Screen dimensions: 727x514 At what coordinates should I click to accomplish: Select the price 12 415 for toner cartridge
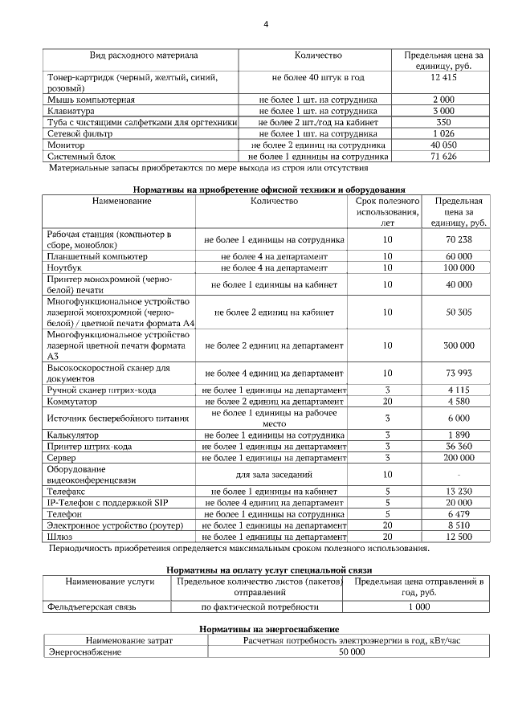[x=443, y=78]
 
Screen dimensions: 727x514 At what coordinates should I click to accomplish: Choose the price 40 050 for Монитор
[x=443, y=145]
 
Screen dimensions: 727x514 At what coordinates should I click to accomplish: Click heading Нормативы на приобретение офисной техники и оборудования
[x=266, y=189]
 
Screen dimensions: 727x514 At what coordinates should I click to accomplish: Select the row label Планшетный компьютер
[x=97, y=255]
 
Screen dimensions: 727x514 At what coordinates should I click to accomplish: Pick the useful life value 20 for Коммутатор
[x=387, y=401]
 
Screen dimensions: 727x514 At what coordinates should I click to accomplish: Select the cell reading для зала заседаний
[x=275, y=474]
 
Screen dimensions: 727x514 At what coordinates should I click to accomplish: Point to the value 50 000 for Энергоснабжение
[x=352, y=651]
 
